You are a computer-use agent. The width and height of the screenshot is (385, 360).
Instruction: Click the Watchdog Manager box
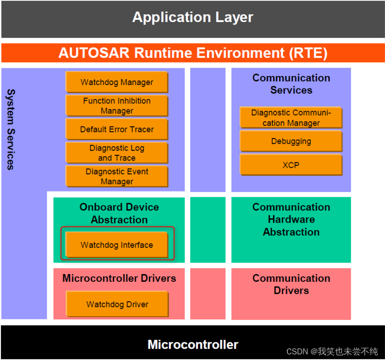click(x=117, y=82)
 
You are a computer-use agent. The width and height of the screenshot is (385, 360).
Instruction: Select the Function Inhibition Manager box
click(x=117, y=106)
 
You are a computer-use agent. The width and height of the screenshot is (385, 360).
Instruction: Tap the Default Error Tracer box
click(x=117, y=129)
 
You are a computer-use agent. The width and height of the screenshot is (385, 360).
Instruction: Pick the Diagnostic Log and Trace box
click(x=117, y=153)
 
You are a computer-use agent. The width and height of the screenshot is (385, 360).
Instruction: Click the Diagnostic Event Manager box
click(x=117, y=176)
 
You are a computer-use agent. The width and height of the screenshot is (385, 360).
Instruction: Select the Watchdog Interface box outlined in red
click(x=117, y=245)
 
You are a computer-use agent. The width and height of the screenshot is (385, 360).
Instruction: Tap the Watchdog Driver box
click(x=117, y=304)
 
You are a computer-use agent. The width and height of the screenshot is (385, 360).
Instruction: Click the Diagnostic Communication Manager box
click(x=291, y=118)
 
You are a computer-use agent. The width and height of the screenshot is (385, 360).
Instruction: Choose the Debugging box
click(x=291, y=141)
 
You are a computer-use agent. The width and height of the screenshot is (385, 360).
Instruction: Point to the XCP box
click(x=291, y=165)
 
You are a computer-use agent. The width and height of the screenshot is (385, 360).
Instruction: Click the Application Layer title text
click(x=192, y=17)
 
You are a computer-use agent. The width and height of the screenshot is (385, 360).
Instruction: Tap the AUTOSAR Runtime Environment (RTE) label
click(x=192, y=53)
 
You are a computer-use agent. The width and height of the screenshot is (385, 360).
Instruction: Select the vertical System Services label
click(x=11, y=129)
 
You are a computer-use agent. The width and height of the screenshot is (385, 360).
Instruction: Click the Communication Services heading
click(x=291, y=84)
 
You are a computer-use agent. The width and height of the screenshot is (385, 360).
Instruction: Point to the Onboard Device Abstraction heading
click(x=119, y=213)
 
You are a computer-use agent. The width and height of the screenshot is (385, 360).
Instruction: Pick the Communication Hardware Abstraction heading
click(x=291, y=219)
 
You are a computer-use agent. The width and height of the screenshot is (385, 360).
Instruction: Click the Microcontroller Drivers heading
click(x=119, y=278)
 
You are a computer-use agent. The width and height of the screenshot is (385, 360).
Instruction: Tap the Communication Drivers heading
click(x=291, y=284)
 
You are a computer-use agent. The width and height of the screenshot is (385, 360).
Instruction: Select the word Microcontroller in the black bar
click(x=193, y=344)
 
